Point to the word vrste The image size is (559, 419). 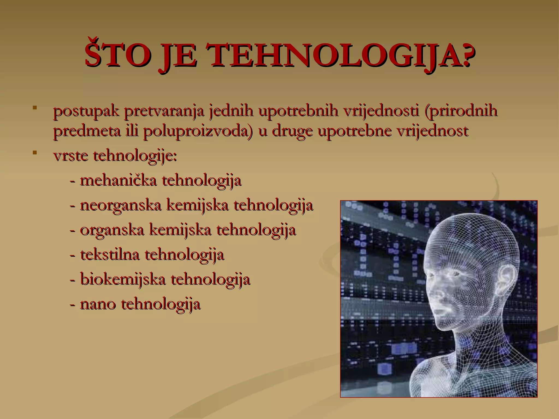(x=71, y=156)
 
